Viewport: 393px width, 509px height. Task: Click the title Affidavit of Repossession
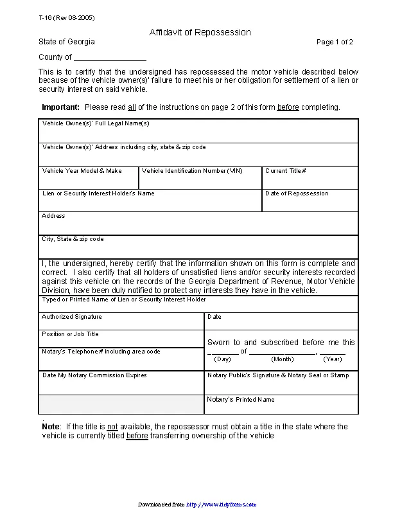pyautogui.click(x=200, y=32)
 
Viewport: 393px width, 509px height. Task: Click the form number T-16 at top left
pyautogui.click(x=62, y=17)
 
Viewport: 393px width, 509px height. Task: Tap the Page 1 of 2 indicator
pyautogui.click(x=335, y=42)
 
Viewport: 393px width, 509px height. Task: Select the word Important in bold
pyautogui.click(x=60, y=107)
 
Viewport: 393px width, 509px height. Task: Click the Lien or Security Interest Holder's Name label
pyautogui.click(x=98, y=193)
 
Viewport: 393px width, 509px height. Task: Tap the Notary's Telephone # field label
pyautogui.click(x=101, y=352)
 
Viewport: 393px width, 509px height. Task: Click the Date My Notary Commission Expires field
pyautogui.click(x=121, y=383)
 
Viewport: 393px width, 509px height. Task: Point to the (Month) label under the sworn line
pyautogui.click(x=282, y=359)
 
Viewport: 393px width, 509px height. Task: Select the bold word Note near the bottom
pyautogui.click(x=51, y=427)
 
